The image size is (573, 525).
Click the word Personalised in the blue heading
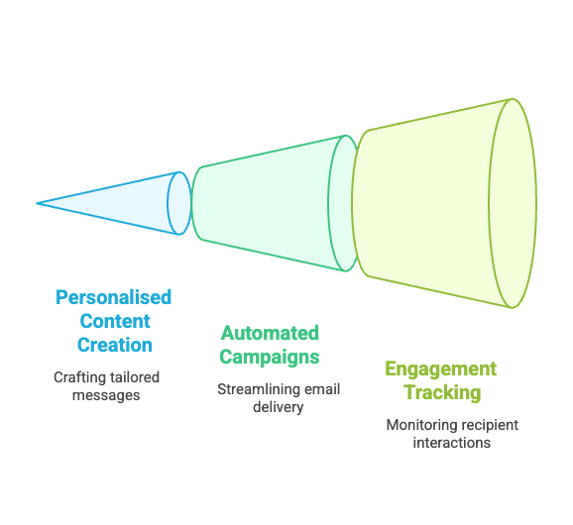(113, 297)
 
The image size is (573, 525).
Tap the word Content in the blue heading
(115, 321)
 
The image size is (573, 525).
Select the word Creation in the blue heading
(115, 345)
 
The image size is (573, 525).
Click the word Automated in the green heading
(270, 333)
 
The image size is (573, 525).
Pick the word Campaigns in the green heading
(270, 357)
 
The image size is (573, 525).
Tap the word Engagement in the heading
(441, 369)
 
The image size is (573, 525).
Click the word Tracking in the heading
(442, 393)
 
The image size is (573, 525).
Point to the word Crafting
(77, 377)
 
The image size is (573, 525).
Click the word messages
(106, 396)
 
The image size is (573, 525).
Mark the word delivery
(279, 407)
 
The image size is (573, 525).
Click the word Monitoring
(417, 425)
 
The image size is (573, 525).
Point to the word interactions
(452, 443)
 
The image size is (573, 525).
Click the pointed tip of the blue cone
(37, 203)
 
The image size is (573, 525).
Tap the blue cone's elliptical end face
(179, 203)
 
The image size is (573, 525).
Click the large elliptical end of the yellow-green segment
(513, 203)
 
